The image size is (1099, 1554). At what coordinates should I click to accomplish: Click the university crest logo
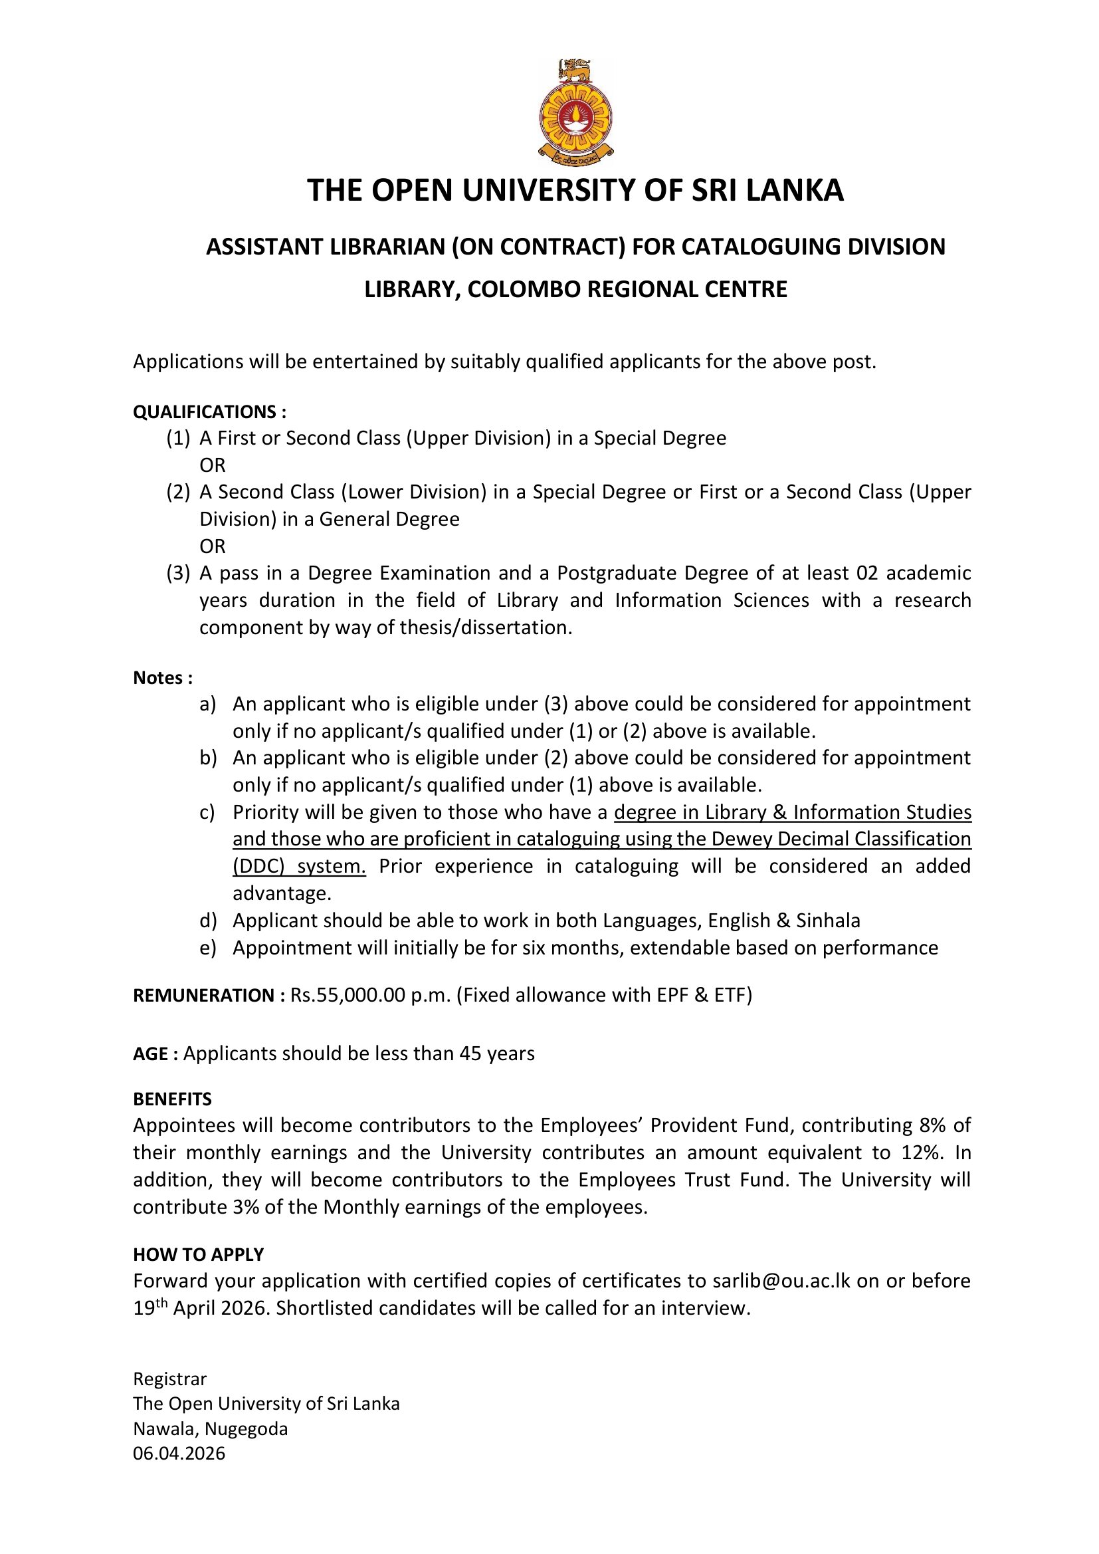(575, 112)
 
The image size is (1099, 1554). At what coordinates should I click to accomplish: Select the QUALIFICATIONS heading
(209, 412)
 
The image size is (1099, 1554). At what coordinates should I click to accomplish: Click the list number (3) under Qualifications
(178, 573)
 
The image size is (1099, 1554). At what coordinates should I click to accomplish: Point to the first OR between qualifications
(212, 466)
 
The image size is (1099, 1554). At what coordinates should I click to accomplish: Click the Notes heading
(162, 677)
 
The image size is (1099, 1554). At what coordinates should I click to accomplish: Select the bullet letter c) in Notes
(207, 812)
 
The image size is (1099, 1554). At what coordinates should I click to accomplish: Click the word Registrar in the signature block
(170, 1379)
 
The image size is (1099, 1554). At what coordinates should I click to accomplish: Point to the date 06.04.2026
(179, 1453)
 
